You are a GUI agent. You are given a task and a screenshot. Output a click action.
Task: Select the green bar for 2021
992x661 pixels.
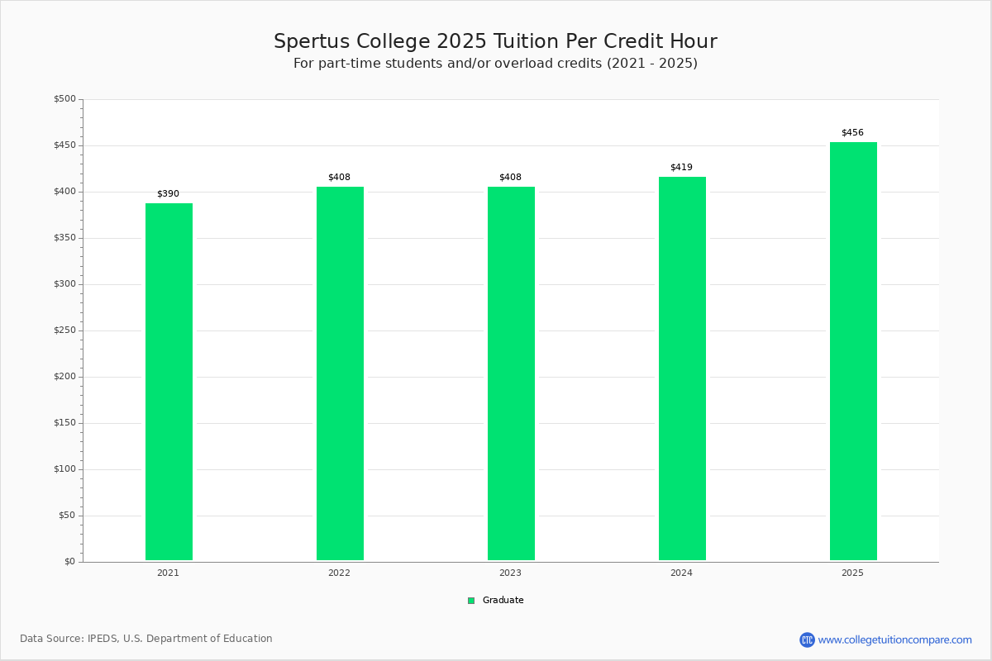pyautogui.click(x=169, y=382)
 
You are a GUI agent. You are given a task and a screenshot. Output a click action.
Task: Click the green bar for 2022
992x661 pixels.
pyautogui.click(x=340, y=373)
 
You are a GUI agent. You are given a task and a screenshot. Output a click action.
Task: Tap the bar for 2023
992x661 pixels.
pyautogui.click(x=511, y=373)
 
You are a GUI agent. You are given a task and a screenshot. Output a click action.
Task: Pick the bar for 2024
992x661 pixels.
pyautogui.click(x=683, y=369)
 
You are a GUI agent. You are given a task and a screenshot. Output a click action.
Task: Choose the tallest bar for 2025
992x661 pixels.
pyautogui.click(x=853, y=351)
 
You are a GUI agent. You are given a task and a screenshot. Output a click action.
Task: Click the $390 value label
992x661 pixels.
pyautogui.click(x=169, y=193)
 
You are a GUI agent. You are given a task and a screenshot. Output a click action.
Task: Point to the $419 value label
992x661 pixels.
pyautogui.click(x=681, y=167)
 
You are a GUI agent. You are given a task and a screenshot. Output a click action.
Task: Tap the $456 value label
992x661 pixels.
pyautogui.click(x=852, y=132)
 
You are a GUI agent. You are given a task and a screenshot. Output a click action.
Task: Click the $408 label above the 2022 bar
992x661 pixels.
pyautogui.click(x=339, y=177)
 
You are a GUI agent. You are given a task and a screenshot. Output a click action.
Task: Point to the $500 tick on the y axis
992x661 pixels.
pyautogui.click(x=65, y=98)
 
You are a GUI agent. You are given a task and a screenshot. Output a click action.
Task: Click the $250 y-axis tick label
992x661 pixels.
pyautogui.click(x=65, y=330)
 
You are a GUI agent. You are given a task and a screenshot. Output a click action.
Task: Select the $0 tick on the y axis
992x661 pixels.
pyautogui.click(x=70, y=561)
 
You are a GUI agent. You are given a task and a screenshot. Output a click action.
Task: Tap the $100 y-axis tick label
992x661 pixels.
pyautogui.click(x=65, y=468)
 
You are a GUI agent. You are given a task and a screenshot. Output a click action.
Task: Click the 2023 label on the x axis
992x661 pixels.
pyautogui.click(x=510, y=573)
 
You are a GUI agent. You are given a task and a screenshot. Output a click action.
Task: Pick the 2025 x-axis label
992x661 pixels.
pyautogui.click(x=852, y=573)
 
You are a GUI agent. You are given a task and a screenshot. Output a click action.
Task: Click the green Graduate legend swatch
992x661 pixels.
pyautogui.click(x=471, y=601)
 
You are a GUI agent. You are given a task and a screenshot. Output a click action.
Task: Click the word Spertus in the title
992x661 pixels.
pyautogui.click(x=312, y=41)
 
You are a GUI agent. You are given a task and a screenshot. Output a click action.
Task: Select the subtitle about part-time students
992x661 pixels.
pyautogui.click(x=495, y=64)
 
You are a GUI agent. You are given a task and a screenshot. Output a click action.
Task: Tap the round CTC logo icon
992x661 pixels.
pyautogui.click(x=807, y=640)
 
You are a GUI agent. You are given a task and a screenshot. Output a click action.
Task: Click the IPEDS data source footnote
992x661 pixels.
pyautogui.click(x=146, y=639)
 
